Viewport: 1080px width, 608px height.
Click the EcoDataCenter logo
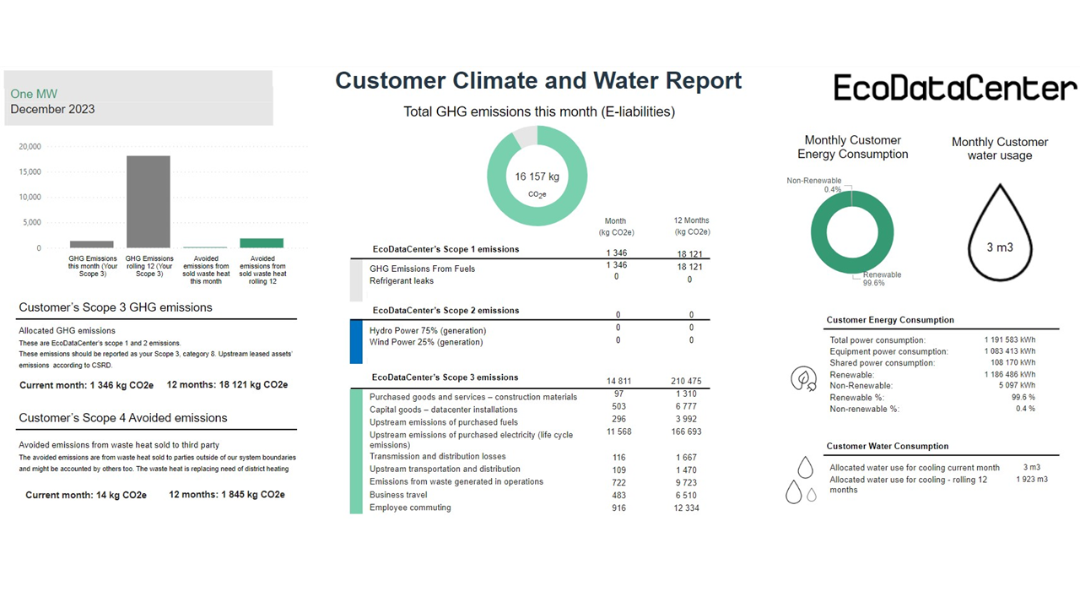(955, 88)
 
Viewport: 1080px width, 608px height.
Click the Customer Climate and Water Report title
(538, 80)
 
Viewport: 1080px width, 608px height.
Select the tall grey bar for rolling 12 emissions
(148, 202)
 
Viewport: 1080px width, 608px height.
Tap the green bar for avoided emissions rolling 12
(262, 243)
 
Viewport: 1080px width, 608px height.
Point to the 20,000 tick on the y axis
(30, 146)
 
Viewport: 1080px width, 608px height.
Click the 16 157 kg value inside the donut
(537, 176)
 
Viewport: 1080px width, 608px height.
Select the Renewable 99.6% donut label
(882, 279)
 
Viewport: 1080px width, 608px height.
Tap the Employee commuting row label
(410, 508)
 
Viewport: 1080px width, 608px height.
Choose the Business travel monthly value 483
(618, 495)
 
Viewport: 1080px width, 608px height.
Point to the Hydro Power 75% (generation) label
(428, 330)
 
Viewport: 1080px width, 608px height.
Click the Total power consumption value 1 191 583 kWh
(1009, 340)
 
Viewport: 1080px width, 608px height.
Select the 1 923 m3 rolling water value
(1031, 480)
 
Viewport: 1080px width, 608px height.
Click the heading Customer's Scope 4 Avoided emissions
(123, 418)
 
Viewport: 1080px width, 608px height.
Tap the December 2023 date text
(52, 109)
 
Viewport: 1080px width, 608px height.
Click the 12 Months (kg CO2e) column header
(691, 226)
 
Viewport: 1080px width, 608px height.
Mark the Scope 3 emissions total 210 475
(691, 382)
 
